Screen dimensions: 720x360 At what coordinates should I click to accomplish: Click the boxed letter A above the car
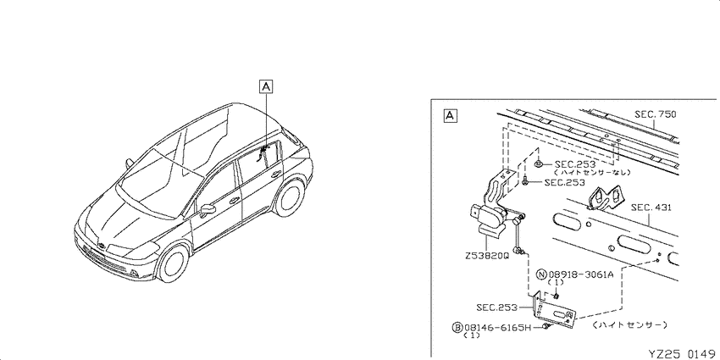pyautogui.click(x=266, y=86)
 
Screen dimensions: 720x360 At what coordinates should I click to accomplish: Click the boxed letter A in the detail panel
pyautogui.click(x=450, y=116)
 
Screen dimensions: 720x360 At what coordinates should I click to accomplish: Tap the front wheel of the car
pyautogui.click(x=173, y=263)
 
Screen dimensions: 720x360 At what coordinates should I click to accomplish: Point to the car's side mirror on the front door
pyautogui.click(x=208, y=210)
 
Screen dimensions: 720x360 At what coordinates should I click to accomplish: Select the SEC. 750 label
pyautogui.click(x=656, y=114)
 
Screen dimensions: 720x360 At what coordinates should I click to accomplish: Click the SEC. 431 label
pyautogui.click(x=651, y=208)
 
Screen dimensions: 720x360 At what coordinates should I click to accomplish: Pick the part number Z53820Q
pyautogui.click(x=487, y=256)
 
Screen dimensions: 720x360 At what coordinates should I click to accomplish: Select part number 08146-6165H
pyautogui.click(x=497, y=328)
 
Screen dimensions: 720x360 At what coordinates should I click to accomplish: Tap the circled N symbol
pyautogui.click(x=542, y=274)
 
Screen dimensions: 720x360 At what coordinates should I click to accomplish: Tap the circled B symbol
pyautogui.click(x=457, y=328)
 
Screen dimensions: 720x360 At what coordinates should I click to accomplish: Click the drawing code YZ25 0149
pyautogui.click(x=684, y=353)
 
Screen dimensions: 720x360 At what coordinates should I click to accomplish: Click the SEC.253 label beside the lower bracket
pyautogui.click(x=496, y=307)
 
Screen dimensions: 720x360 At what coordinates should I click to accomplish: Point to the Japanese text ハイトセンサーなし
pyautogui.click(x=592, y=173)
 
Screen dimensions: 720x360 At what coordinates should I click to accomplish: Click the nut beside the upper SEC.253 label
pyautogui.click(x=539, y=163)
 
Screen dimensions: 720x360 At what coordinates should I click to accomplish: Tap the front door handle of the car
pyautogui.click(x=234, y=201)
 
